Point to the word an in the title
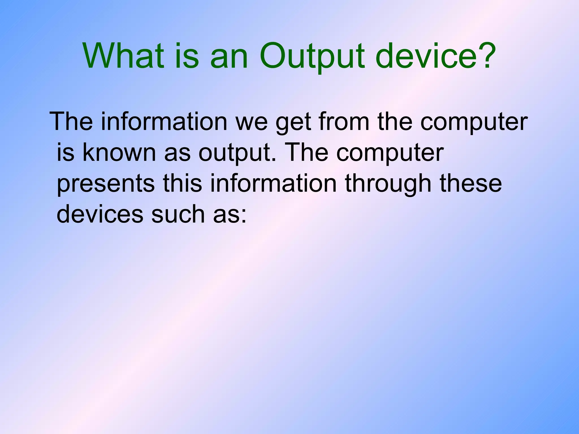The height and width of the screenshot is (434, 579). pos(229,57)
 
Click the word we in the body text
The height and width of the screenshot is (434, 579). pos(252,122)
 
